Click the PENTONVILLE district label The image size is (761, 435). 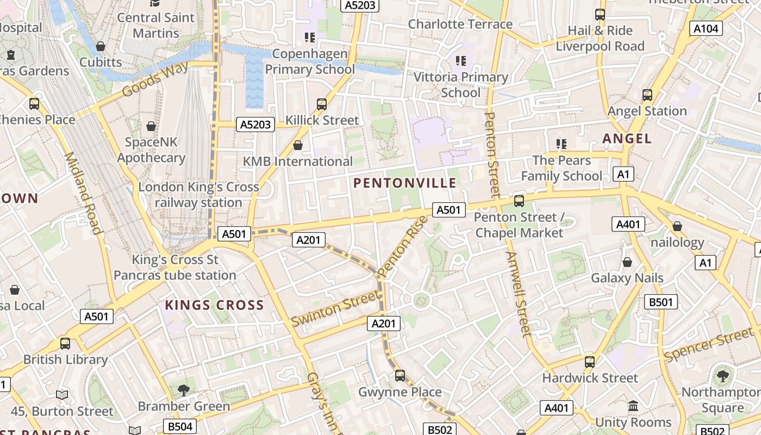pyautogui.click(x=405, y=183)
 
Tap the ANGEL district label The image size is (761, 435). pyautogui.click(x=627, y=139)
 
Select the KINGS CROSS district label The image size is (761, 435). pyautogui.click(x=214, y=305)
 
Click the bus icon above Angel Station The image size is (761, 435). pyautogui.click(x=647, y=95)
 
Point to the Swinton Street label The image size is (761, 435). pyautogui.click(x=335, y=308)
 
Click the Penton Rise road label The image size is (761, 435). pyautogui.click(x=402, y=246)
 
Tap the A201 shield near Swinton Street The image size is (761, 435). pyautogui.click(x=384, y=324)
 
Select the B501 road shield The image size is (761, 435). pyautogui.click(x=661, y=302)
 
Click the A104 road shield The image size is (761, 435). pyautogui.click(x=706, y=29)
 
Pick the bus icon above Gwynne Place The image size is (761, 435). pyautogui.click(x=400, y=375)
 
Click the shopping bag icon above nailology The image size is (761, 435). pyautogui.click(x=677, y=226)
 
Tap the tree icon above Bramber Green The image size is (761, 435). pyautogui.click(x=184, y=389)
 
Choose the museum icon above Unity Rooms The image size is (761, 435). pyautogui.click(x=633, y=406)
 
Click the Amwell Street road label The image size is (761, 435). pyautogui.click(x=518, y=294)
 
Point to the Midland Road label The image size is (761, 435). pyautogui.click(x=83, y=193)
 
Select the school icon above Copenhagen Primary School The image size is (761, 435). pyautogui.click(x=310, y=38)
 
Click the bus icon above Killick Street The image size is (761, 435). pyautogui.click(x=322, y=104)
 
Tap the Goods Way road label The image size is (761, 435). pyautogui.click(x=155, y=79)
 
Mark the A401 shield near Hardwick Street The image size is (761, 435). pyautogui.click(x=557, y=408)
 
